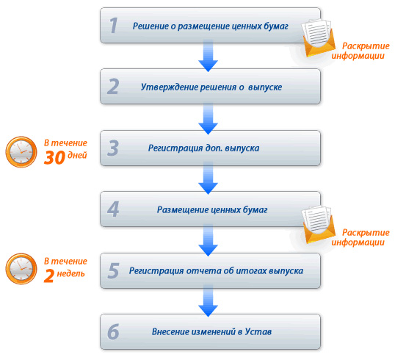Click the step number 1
point(113,26)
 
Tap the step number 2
point(113,87)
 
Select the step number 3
point(113,148)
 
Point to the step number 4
point(113,209)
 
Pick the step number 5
point(113,270)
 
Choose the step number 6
point(113,332)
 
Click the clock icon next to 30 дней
point(21,152)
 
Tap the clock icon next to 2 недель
point(21,269)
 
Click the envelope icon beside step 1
point(319,37)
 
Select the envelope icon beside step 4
point(319,224)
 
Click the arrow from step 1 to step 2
point(208,56)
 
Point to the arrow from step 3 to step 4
point(208,179)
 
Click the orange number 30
point(54,158)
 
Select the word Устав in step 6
point(258,331)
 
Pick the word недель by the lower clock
point(70,274)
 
